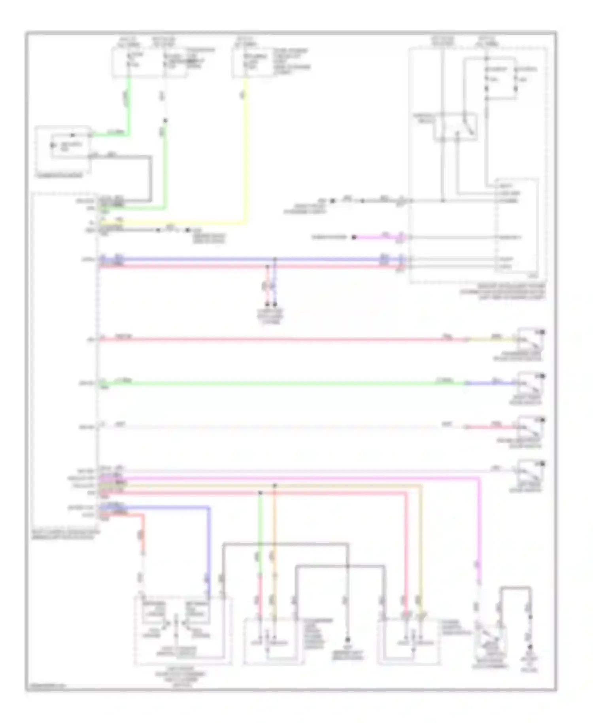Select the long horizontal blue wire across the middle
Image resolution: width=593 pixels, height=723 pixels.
click(198, 259)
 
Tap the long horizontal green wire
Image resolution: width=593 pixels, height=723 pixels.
click(277, 383)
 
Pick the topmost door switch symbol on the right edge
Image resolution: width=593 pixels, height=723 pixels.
click(531, 339)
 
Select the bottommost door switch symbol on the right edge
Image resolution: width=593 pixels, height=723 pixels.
click(531, 471)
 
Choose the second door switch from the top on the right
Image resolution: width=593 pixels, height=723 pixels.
click(531, 382)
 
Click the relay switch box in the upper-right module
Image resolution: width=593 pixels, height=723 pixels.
click(455, 127)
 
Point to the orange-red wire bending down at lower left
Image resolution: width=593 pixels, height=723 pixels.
click(143, 530)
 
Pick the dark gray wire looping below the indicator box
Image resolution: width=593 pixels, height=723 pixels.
click(151, 178)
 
